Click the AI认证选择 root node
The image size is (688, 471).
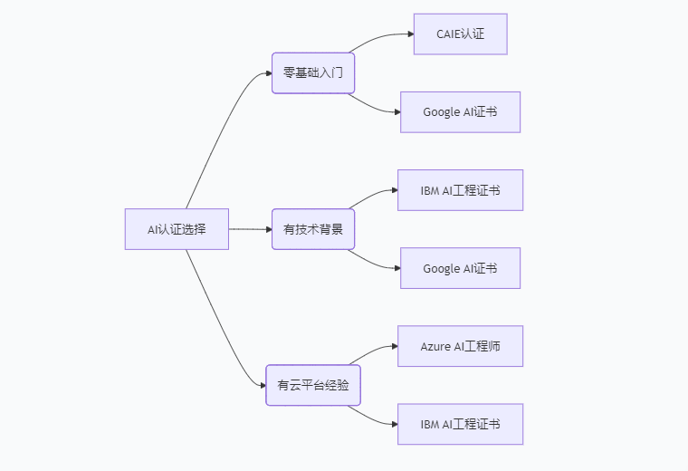click(x=177, y=229)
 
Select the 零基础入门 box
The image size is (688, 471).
click(x=313, y=72)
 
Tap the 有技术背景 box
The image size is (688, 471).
click(x=313, y=229)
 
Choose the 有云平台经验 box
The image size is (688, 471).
click(x=313, y=385)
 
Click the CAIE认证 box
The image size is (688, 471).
click(x=460, y=34)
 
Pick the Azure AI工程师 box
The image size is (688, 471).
click(x=460, y=346)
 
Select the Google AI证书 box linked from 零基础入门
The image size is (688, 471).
click(x=460, y=112)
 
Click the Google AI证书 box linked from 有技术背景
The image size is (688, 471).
click(x=460, y=268)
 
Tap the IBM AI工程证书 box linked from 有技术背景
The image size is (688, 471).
click(x=460, y=190)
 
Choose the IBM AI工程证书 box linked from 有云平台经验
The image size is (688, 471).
click(x=460, y=424)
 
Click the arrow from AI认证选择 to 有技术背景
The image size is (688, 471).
click(x=250, y=229)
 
